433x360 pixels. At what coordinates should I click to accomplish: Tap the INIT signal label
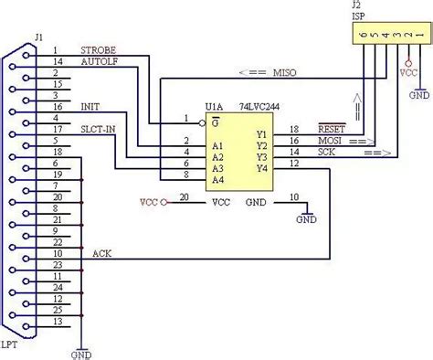[90, 107]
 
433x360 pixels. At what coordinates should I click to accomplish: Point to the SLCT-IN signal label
[99, 129]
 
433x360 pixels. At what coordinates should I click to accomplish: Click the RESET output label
[331, 131]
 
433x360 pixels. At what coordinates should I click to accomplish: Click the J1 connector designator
[38, 37]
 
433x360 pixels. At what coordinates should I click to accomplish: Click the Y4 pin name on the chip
[262, 167]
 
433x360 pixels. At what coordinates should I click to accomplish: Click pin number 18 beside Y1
[294, 131]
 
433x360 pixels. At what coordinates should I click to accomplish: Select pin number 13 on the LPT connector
[57, 322]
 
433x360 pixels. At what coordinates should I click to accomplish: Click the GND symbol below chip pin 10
[307, 218]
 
